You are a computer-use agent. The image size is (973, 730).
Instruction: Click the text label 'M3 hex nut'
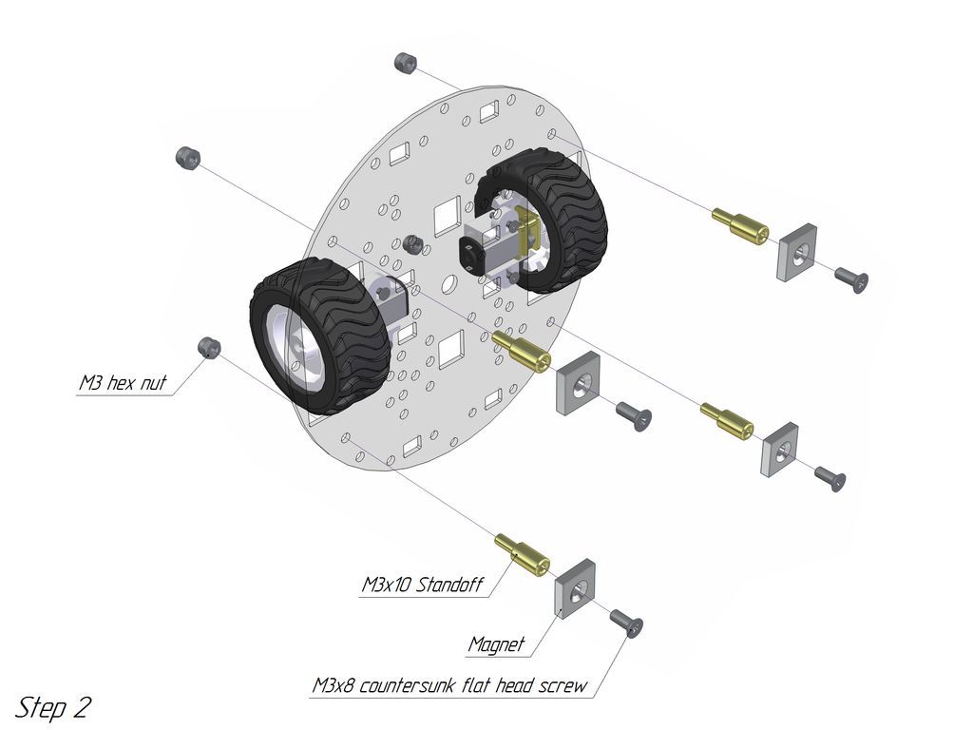click(x=123, y=385)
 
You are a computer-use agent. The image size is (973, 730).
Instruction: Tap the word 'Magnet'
click(x=496, y=644)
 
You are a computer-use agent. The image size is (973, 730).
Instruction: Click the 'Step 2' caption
click(x=54, y=708)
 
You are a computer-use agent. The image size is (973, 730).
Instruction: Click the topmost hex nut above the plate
click(x=406, y=63)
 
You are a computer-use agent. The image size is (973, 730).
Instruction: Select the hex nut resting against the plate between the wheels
click(x=412, y=243)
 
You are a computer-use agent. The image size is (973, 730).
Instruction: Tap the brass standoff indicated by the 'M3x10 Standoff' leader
click(x=522, y=553)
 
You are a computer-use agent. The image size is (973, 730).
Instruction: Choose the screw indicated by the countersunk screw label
click(x=628, y=623)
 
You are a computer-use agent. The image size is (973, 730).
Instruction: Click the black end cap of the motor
click(x=469, y=255)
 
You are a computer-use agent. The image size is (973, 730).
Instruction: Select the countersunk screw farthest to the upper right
click(x=851, y=279)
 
